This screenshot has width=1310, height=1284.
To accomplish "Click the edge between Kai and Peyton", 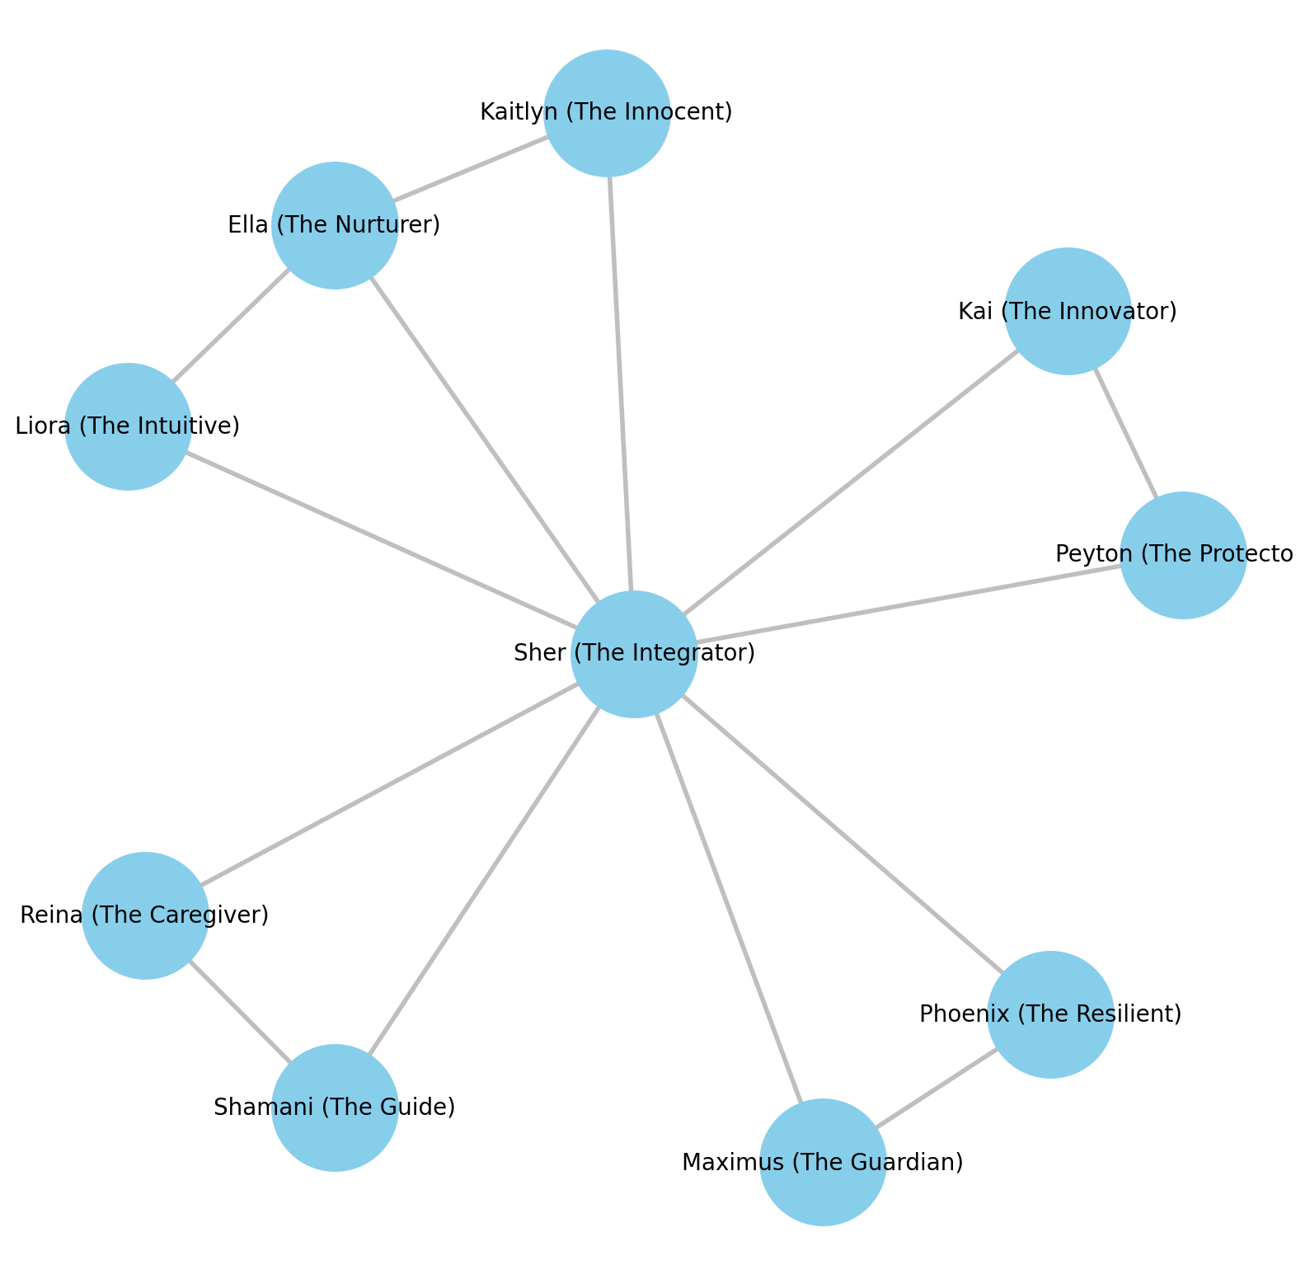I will click(1125, 433).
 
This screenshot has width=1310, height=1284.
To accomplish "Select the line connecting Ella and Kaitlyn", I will click(470, 168).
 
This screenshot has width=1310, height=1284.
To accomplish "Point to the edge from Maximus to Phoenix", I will click(937, 1089).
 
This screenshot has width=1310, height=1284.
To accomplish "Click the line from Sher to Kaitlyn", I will click(620, 383).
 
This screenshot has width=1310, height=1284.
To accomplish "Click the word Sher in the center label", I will click(539, 653).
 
